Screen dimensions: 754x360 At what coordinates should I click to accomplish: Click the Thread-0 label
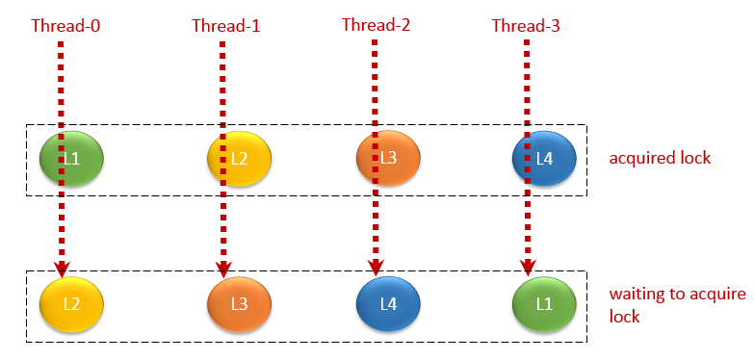(66, 25)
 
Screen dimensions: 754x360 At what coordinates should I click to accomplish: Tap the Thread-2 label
(377, 25)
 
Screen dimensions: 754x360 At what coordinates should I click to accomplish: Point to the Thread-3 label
(525, 25)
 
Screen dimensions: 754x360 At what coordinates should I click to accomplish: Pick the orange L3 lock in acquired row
(388, 157)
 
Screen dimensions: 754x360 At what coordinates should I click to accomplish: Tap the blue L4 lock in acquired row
(544, 158)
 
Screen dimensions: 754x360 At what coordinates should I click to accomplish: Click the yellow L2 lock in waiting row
(71, 303)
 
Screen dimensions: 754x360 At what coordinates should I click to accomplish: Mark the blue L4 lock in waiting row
(388, 303)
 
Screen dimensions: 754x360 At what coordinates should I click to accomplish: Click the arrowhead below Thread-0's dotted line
(61, 268)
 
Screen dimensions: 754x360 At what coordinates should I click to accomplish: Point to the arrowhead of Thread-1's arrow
(224, 268)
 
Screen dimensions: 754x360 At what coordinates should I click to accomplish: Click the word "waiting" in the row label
(638, 295)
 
